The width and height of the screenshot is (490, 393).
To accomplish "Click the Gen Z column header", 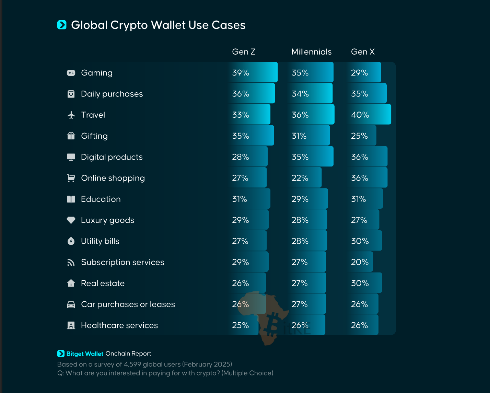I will [x=244, y=52].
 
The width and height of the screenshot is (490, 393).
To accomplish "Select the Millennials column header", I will [x=311, y=52].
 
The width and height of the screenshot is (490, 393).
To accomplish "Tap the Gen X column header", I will [x=363, y=52].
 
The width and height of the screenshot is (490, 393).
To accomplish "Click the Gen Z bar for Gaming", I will [x=253, y=72].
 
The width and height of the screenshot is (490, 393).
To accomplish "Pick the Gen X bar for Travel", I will [x=369, y=115].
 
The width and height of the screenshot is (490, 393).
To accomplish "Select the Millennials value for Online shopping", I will [x=300, y=178].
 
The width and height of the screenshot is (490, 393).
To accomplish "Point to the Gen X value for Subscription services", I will [x=360, y=262].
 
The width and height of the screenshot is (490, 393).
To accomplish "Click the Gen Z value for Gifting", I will [x=241, y=136].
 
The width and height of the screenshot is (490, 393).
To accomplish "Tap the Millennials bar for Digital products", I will [x=311, y=157].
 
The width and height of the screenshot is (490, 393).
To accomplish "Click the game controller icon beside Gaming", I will [x=71, y=73].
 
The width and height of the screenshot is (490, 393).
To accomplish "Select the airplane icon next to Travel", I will [x=71, y=115].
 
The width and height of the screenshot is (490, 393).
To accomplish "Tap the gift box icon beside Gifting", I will [x=71, y=136].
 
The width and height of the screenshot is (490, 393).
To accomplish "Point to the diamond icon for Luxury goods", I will [x=71, y=220].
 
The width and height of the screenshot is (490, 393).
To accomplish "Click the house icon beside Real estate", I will [x=71, y=283].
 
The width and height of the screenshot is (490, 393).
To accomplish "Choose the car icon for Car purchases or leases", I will [x=71, y=304].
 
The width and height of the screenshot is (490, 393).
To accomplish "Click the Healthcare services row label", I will [x=119, y=325].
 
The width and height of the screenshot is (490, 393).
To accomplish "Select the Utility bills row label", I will [x=100, y=241].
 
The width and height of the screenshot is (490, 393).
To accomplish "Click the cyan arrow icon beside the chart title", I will [x=62, y=25].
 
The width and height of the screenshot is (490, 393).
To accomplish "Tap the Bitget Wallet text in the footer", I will [x=85, y=354].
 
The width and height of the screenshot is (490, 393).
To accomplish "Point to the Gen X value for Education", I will [x=358, y=199].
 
